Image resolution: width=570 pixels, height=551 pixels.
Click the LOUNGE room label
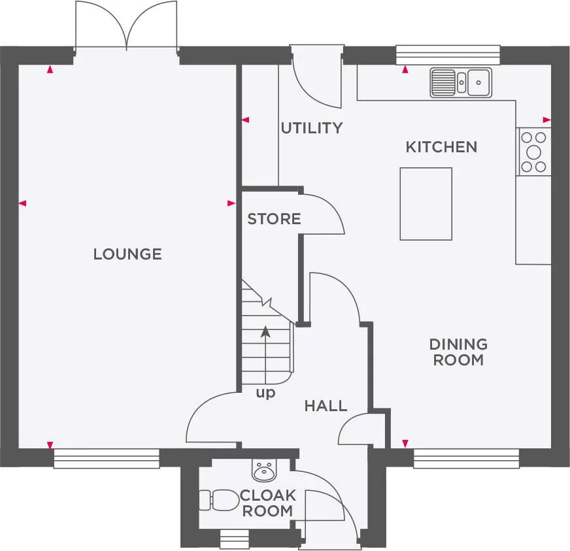click(127, 254)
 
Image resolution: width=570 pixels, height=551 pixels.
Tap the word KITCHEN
click(441, 147)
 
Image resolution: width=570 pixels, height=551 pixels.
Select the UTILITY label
click(311, 128)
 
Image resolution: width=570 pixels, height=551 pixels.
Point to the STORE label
click(274, 219)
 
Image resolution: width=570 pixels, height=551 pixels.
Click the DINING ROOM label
click(458, 352)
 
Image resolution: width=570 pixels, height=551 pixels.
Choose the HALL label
click(326, 406)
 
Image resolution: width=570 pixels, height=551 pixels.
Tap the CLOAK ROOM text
click(268, 503)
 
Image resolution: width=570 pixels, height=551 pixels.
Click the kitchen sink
click(461, 82)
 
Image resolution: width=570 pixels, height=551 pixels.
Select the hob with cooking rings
click(534, 152)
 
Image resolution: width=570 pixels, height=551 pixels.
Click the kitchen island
click(426, 204)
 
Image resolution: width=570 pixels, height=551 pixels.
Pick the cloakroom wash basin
click(263, 469)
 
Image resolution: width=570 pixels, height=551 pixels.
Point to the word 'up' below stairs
click(265, 393)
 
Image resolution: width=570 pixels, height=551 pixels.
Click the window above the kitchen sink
click(448, 55)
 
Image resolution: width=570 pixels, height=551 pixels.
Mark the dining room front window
click(466, 458)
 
